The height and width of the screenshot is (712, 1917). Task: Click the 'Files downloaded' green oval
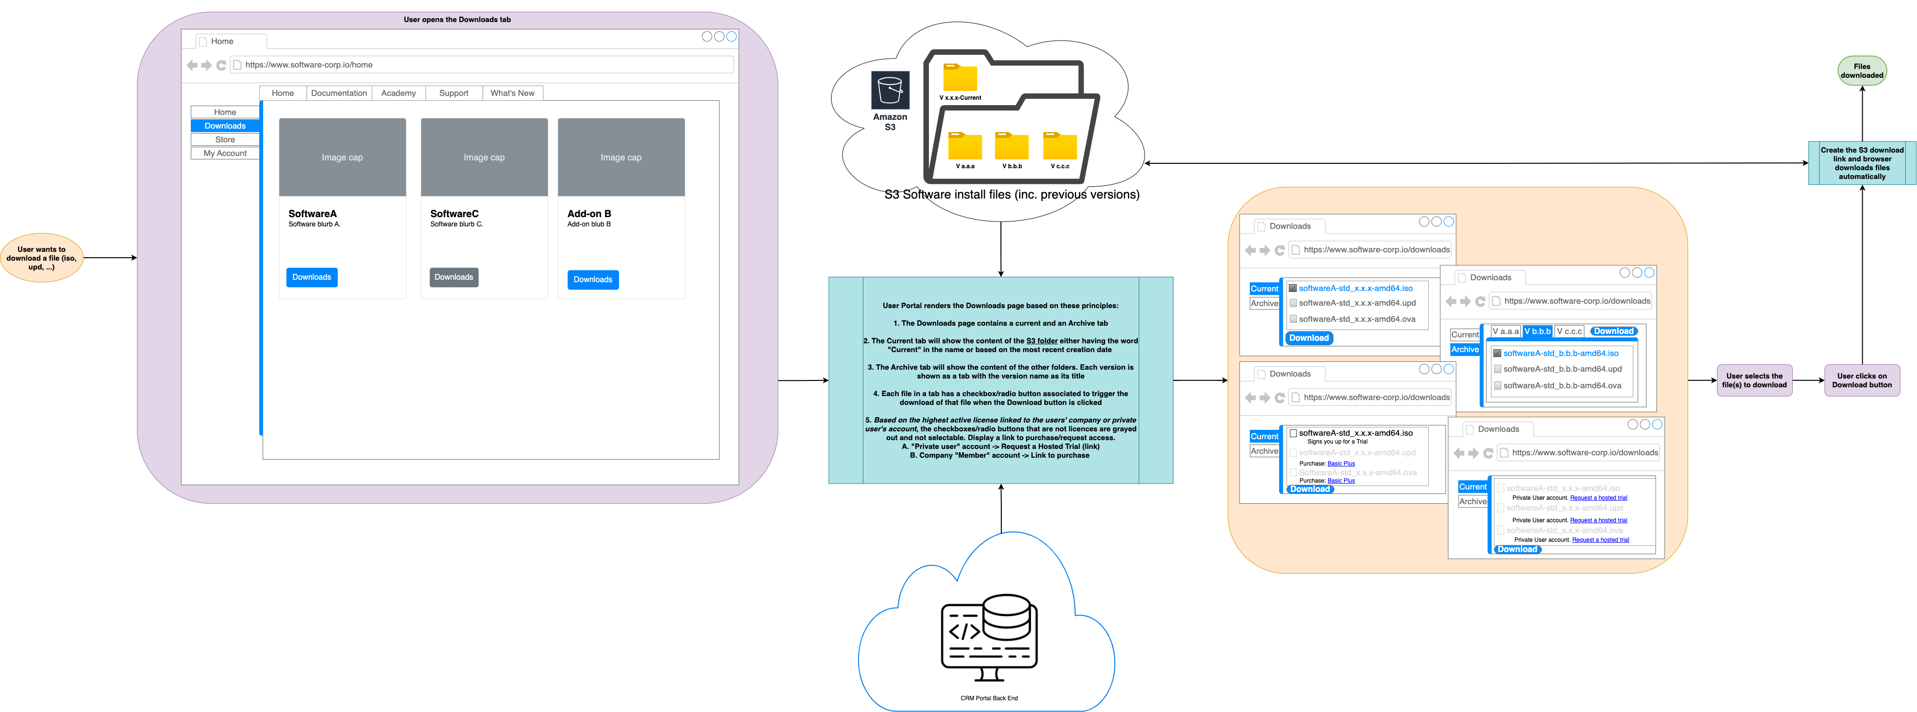point(1861,71)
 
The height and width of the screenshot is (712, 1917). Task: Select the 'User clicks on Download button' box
point(1861,380)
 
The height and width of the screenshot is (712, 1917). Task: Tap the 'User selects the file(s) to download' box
point(1754,380)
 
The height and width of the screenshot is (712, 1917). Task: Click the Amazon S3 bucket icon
point(890,90)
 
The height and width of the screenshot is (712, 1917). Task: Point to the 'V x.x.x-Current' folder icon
point(960,77)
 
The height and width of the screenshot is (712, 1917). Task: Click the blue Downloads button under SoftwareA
point(312,277)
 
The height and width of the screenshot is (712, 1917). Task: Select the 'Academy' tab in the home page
point(398,93)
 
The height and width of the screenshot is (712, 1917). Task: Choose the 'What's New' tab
point(512,93)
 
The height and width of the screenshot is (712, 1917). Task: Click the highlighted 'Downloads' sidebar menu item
point(225,126)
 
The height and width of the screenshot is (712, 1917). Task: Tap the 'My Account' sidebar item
point(225,153)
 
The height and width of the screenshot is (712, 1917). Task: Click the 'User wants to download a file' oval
point(42,258)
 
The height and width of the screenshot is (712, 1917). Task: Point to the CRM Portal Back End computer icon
point(989,637)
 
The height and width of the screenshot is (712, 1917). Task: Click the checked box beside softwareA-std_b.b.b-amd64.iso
point(1497,354)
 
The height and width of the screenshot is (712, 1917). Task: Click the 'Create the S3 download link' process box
point(1862,163)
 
